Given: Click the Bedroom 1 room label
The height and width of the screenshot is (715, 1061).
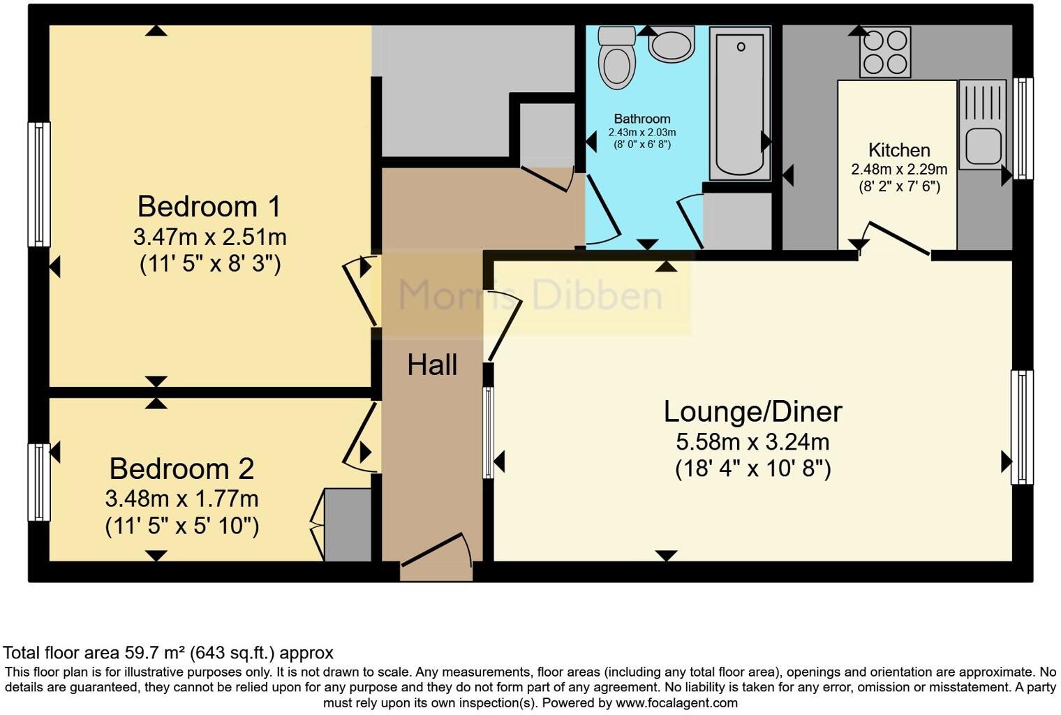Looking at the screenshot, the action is tap(209, 207).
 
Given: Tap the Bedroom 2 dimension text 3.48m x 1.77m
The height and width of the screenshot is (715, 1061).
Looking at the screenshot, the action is tap(182, 499).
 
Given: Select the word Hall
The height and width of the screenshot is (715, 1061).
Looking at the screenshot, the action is tap(433, 365).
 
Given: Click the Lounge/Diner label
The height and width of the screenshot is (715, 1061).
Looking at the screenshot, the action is tap(752, 412).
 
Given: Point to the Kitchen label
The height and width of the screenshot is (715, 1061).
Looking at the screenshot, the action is tap(899, 150).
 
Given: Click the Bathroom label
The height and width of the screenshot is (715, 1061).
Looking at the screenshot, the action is tap(642, 119).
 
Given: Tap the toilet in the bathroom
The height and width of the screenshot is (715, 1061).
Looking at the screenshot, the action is tap(616, 57).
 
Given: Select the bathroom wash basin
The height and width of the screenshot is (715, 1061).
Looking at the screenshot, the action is tap(672, 44).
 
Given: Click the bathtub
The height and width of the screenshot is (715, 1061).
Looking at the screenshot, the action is tap(740, 103).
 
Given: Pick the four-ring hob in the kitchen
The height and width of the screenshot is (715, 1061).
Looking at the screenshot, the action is tap(885, 52).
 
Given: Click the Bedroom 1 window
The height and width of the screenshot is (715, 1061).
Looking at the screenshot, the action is tap(39, 184).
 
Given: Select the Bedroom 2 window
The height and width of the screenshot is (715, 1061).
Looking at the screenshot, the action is tap(39, 482).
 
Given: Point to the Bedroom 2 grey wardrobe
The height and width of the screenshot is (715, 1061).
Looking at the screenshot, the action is tap(347, 525).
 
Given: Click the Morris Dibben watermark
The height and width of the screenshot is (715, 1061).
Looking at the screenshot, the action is tap(530, 295).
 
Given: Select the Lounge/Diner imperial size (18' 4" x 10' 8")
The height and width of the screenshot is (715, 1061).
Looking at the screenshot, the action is tap(752, 469).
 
